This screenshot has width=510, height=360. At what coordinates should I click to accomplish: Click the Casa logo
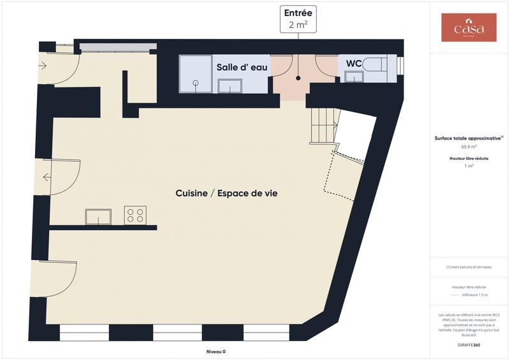tap(469, 27)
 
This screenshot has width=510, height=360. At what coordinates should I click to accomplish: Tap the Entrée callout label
tap(298, 13)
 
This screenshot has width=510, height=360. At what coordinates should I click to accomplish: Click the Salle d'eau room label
tap(242, 67)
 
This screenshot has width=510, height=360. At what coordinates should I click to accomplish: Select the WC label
tap(354, 64)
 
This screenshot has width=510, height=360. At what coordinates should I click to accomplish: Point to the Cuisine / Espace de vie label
tap(230, 194)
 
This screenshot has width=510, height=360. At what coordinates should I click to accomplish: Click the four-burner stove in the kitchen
tap(135, 215)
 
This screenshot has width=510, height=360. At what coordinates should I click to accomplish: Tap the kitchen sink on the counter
tap(98, 217)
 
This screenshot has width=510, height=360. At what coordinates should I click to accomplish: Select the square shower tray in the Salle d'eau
tap(195, 74)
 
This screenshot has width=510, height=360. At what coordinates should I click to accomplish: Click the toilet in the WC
tap(379, 64)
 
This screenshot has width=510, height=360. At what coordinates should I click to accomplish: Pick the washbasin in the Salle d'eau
tap(229, 86)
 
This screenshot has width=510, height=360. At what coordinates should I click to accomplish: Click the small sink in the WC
tap(354, 76)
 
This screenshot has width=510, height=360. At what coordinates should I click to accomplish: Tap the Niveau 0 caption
tap(215, 352)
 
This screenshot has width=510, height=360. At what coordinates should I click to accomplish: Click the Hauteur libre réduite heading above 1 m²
tap(469, 158)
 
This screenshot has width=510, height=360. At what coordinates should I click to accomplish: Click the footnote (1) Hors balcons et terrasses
tap(469, 267)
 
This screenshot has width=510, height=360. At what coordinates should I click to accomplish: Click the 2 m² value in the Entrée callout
tap(298, 25)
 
